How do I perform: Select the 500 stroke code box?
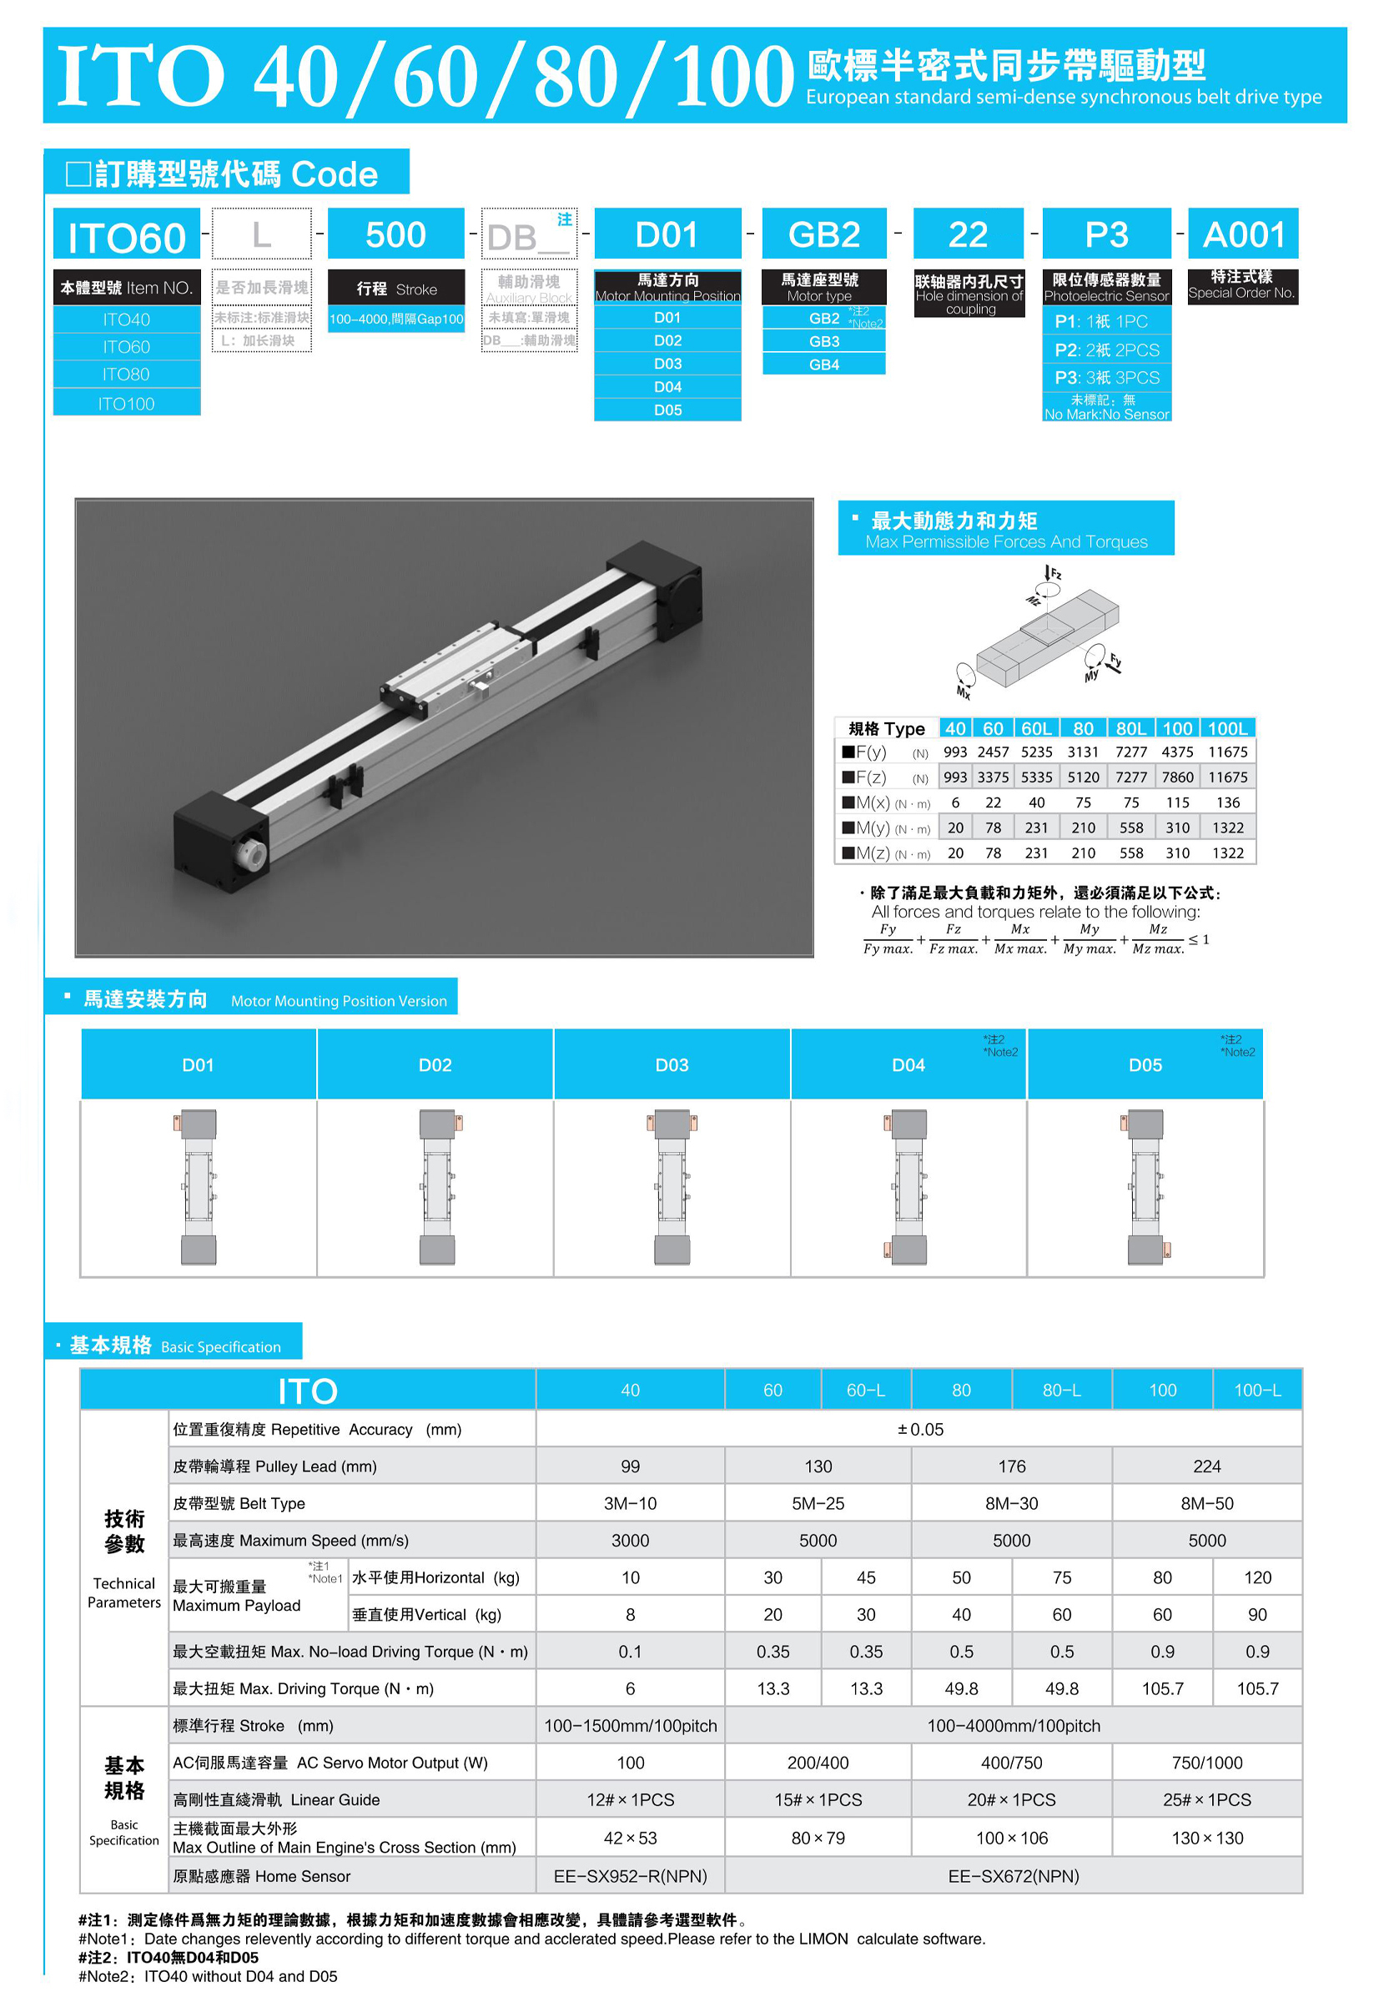point(395,235)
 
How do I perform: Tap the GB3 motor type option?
point(823,341)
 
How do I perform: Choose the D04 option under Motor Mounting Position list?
point(667,386)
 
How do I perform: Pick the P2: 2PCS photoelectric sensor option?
point(1106,350)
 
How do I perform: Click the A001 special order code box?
point(1243,235)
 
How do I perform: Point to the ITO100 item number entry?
point(126,404)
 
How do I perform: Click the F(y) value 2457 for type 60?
point(992,752)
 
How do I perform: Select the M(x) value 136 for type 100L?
point(1227,802)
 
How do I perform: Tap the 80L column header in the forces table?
point(1130,728)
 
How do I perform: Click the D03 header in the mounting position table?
point(671,1065)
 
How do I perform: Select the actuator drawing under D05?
point(1145,1187)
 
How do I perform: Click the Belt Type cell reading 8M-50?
point(1206,1502)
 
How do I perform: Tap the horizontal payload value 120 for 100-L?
point(1256,1577)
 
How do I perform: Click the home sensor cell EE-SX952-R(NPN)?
point(630,1876)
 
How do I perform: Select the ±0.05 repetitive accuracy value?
point(920,1429)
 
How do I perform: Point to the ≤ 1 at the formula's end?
point(1199,939)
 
